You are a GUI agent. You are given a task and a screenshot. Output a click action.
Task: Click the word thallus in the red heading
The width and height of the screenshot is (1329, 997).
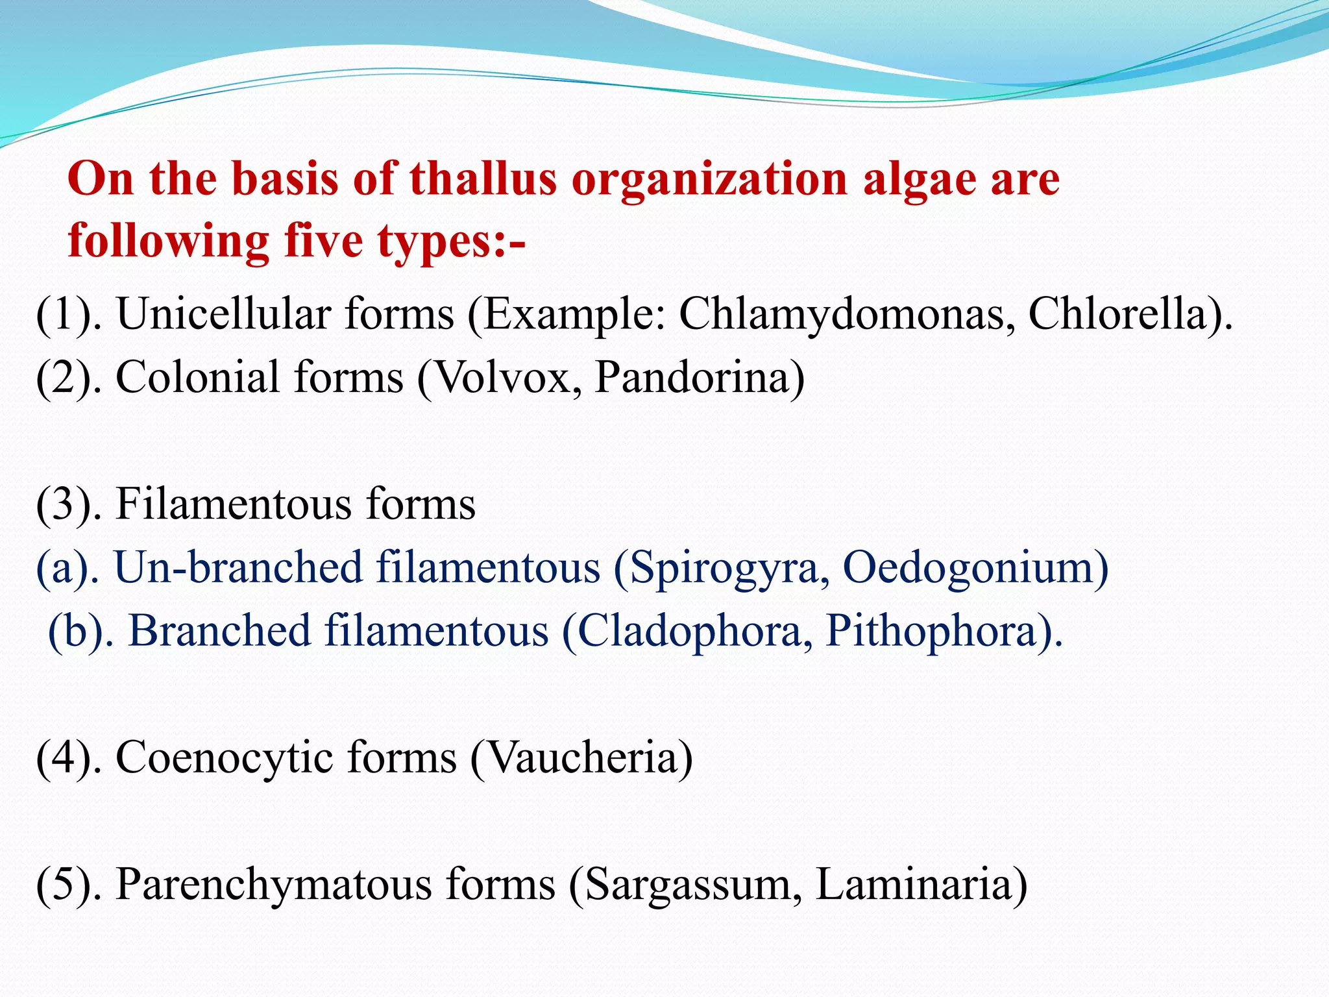pyautogui.click(x=483, y=179)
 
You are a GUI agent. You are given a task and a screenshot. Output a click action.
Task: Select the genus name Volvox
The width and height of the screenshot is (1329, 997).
pyautogui.click(x=509, y=377)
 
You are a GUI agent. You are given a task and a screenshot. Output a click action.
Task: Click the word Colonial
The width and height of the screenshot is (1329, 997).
pyautogui.click(x=197, y=377)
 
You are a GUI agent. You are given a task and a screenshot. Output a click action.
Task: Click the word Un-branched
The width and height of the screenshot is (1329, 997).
pyautogui.click(x=238, y=568)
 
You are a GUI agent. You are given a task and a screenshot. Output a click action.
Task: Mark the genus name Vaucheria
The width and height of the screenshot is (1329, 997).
pyautogui.click(x=581, y=757)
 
